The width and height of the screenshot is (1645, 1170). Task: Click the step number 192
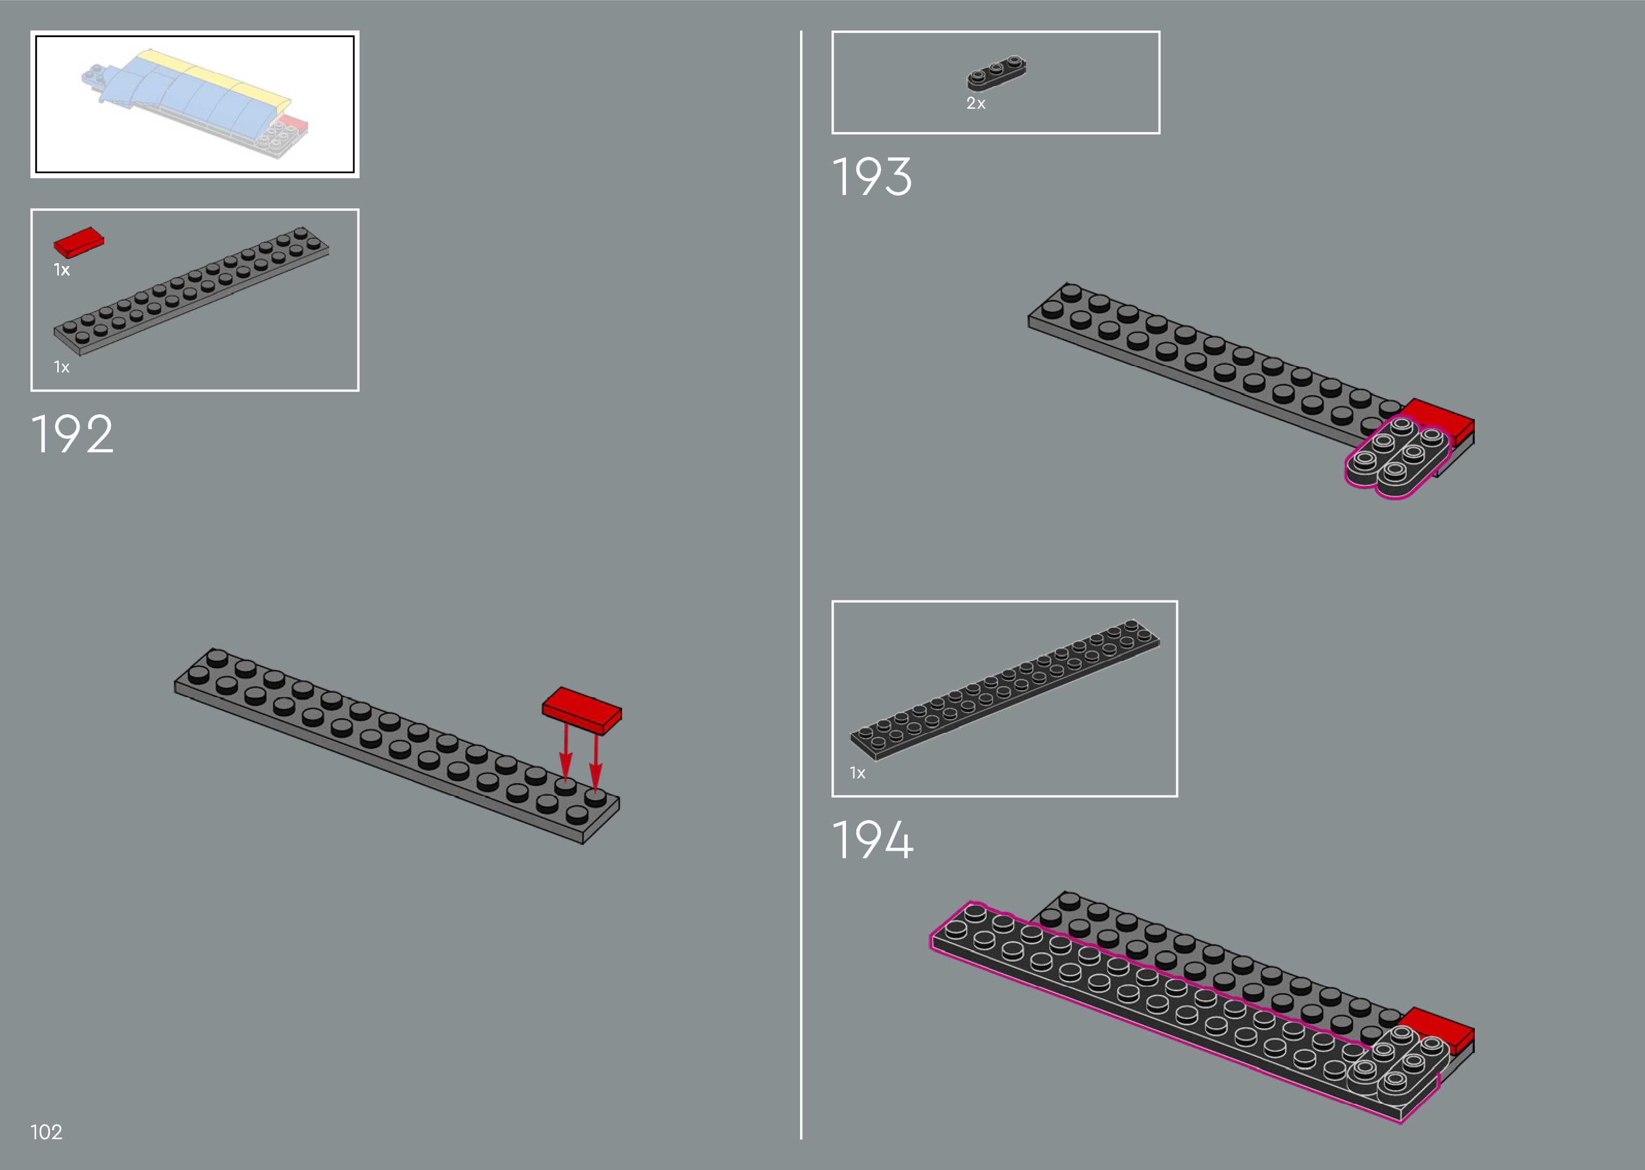72,434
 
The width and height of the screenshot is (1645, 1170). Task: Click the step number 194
872,840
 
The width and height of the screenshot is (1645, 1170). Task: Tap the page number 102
46,1132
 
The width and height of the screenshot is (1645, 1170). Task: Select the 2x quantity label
975,104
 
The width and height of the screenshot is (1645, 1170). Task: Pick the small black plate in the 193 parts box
996,73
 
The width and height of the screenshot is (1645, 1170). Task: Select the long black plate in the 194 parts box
1005,689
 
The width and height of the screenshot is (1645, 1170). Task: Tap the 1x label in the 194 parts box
857,773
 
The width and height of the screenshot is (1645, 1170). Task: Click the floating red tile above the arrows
582,709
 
